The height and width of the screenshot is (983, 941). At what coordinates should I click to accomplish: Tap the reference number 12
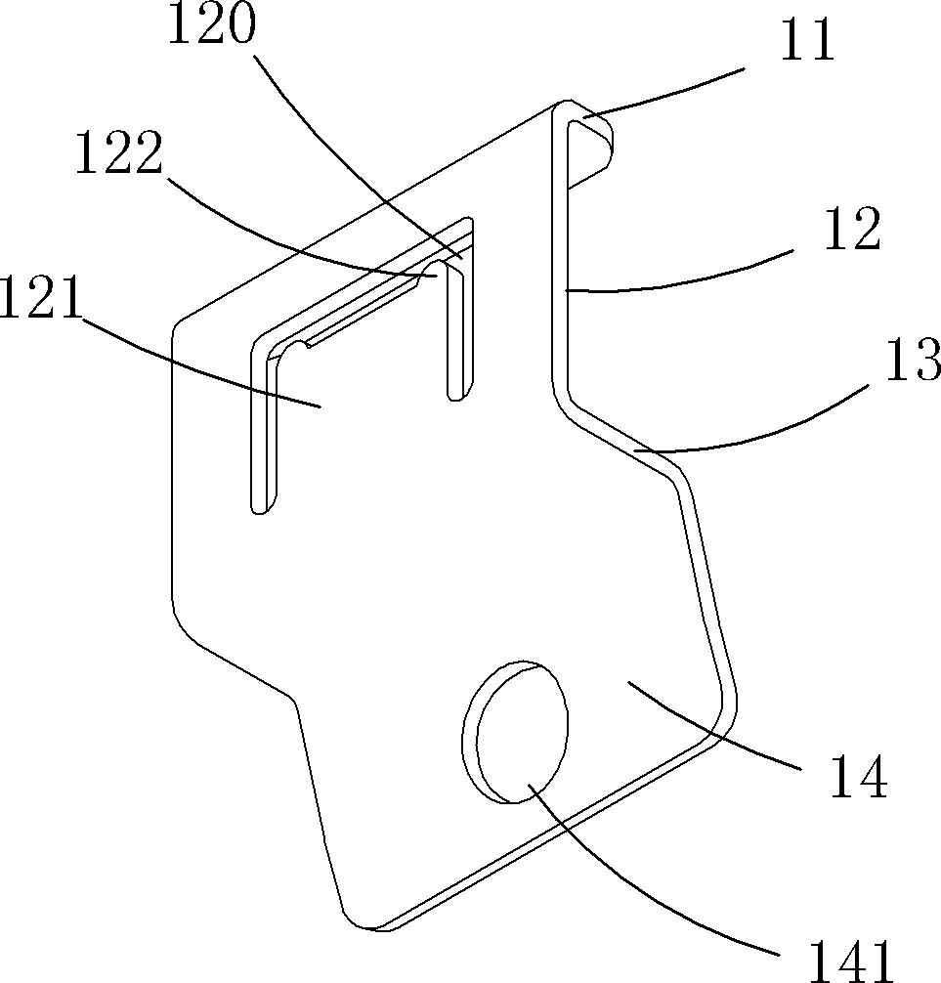pos(851,231)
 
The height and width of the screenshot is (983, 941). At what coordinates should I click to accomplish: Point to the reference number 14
pos(856,778)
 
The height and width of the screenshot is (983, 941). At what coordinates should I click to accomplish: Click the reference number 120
pos(211,26)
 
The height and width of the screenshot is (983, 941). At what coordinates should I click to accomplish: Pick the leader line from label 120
pos(352,147)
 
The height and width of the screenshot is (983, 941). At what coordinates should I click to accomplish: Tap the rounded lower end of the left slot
pos(258,506)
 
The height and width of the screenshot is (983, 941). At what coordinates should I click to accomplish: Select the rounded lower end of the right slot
pos(454,392)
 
